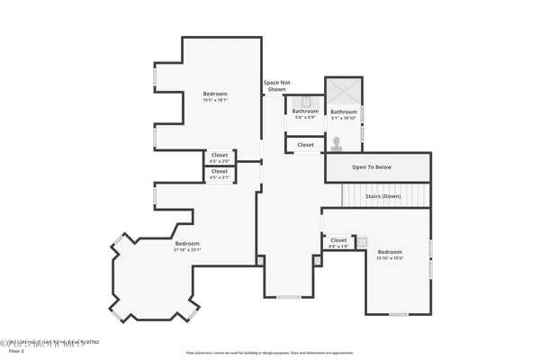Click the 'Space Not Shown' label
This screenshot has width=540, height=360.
coord(276,86)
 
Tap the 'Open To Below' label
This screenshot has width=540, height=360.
coord(371,167)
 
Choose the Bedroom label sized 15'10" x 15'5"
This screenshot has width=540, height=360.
coord(390,255)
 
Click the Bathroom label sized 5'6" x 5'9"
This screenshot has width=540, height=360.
coord(305,113)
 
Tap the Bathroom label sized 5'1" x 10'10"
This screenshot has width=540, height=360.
coord(344,114)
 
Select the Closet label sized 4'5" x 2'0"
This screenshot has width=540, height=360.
coord(220,157)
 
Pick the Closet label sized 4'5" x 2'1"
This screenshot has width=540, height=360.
coord(220,174)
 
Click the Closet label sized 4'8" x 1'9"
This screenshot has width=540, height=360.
coord(338,243)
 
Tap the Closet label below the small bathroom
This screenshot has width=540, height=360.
coord(306,144)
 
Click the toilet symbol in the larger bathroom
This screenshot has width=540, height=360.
coord(337,143)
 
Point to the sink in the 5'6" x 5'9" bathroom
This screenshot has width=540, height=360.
coord(305,100)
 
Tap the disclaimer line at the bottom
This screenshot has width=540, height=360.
coord(269,353)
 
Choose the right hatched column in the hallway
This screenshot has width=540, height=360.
coord(317,260)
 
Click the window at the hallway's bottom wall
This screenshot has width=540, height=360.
coord(289,297)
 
